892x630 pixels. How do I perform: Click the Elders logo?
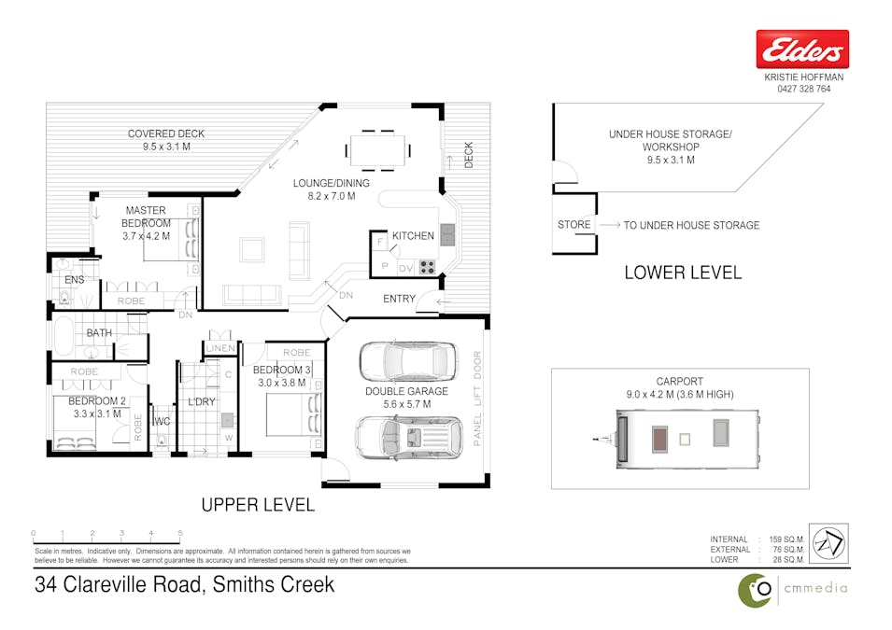coord(802,49)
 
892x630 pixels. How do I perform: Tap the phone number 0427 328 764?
coord(803,90)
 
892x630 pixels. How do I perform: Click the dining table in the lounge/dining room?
coord(378,148)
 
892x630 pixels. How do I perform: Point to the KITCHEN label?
coord(413,236)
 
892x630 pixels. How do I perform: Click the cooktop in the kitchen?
coord(427,266)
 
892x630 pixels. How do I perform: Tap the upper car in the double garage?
coord(407,360)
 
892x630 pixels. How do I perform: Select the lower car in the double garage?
coord(407,436)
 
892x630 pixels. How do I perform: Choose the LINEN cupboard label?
coord(220,348)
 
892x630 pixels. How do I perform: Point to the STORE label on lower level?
coord(573,225)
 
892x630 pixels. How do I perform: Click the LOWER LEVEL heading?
coord(682,273)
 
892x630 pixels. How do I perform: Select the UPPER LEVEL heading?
coord(258,505)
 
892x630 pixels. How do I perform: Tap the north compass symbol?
coord(828,543)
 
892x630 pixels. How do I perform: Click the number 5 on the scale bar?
coord(180,534)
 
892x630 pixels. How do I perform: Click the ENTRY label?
coord(400,299)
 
